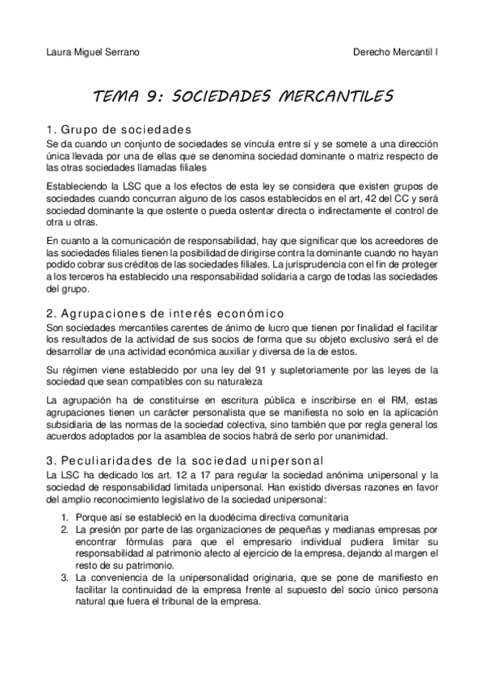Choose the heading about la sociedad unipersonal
[x=174, y=460]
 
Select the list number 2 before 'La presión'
[x=65, y=528]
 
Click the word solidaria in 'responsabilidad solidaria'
[x=243, y=277]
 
